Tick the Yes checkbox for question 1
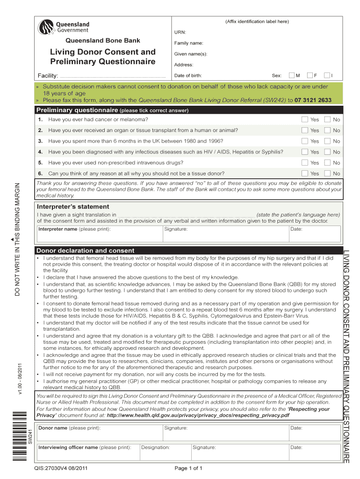pyautogui.click(x=305, y=120)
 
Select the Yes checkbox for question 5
pyautogui.click(x=305, y=163)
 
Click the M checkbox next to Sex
pyautogui.click(x=292, y=75)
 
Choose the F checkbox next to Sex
pyautogui.click(x=310, y=75)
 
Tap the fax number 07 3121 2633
pyautogui.click(x=313, y=100)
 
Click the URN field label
pyautogui.click(x=180, y=32)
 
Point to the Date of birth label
pyautogui.click(x=188, y=75)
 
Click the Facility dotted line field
pyautogui.click(x=113, y=76)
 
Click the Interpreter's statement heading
pyautogui.click(x=73, y=207)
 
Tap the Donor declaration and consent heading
pyautogui.click(x=86, y=251)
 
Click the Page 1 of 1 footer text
pyautogui.click(x=187, y=468)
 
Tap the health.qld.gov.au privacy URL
pyautogui.click(x=198, y=415)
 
